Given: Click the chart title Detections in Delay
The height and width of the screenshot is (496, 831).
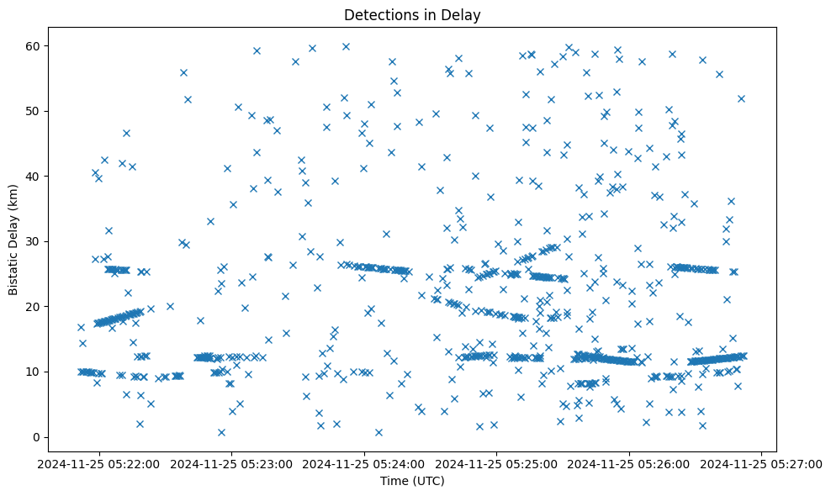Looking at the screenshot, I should (412, 14).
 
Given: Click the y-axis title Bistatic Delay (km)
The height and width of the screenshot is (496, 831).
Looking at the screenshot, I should (14, 236).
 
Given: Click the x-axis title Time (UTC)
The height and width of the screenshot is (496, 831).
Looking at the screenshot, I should (412, 481).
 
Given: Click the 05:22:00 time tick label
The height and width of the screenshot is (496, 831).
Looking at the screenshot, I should (100, 462).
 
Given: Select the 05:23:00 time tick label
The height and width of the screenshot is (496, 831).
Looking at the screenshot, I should (233, 462).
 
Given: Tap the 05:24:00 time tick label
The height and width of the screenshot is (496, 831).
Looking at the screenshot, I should (365, 462).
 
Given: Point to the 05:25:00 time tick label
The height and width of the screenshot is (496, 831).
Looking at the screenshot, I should (497, 462).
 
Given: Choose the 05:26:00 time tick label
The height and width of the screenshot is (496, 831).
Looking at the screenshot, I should (630, 462).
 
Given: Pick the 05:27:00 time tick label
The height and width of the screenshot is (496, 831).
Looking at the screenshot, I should (762, 462).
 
